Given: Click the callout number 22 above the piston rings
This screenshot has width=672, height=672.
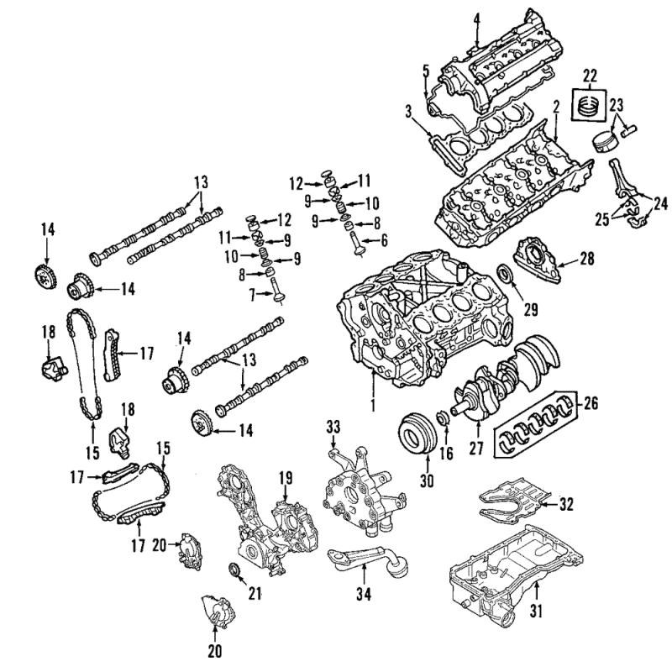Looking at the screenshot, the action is pos(590,77).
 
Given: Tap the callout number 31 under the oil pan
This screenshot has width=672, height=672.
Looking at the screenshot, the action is pos(536,612).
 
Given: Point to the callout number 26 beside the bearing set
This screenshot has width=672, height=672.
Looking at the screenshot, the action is pos(590,403).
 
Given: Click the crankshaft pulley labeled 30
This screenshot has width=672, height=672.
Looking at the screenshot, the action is pos(417,433).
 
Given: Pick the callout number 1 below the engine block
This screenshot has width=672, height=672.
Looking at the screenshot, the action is pos(373,404).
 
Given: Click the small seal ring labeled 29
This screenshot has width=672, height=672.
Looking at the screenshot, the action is pos(507,274).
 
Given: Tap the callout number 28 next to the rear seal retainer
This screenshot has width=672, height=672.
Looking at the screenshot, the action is pos(586,259).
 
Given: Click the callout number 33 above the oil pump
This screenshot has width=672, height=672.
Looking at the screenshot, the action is pos(333,427).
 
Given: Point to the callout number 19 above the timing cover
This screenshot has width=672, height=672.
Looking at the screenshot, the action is pos(286,477).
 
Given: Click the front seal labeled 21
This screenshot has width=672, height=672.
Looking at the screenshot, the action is pos(235,571).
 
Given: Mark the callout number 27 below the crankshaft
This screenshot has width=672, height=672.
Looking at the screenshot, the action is pos(476,448).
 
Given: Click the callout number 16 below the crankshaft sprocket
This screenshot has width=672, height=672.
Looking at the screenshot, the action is pos(446,453).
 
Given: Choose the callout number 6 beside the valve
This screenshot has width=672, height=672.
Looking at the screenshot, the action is pos(384,240).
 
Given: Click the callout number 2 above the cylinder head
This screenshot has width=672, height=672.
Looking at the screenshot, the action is pos(556,107).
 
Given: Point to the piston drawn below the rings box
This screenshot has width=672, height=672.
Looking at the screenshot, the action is pos(605,143).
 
